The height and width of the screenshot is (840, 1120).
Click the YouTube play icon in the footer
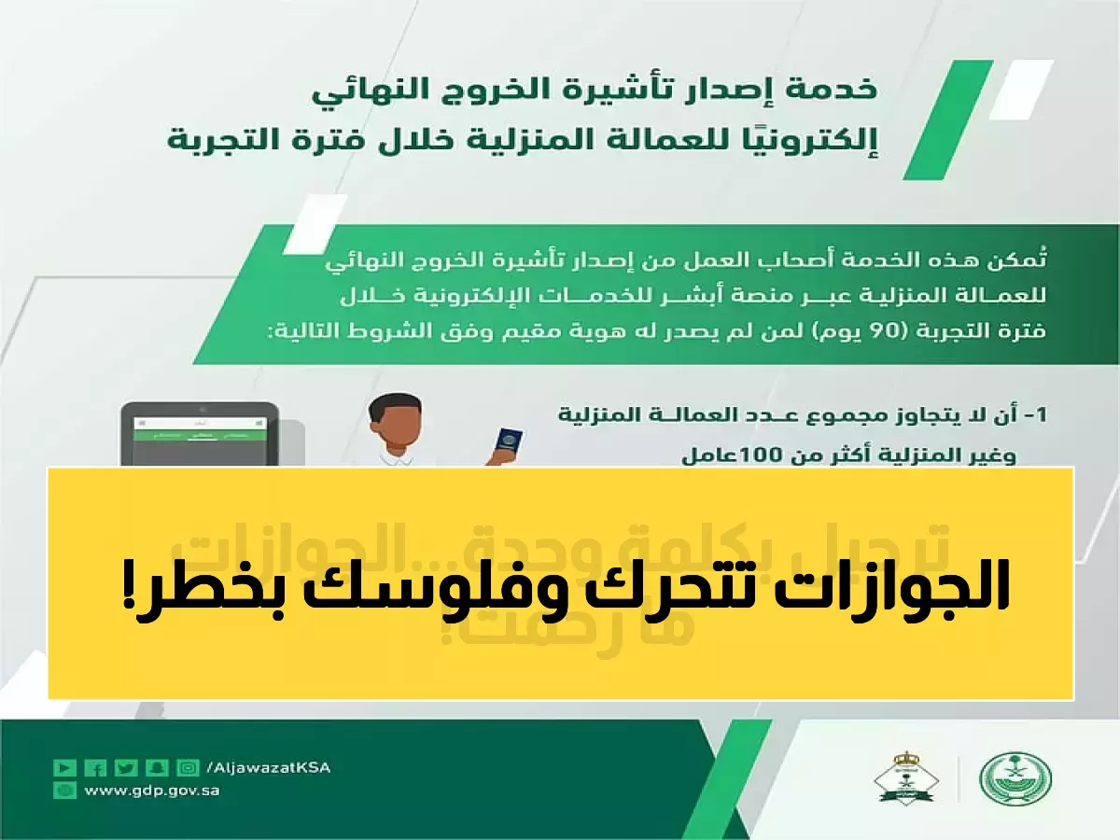pos(64,768)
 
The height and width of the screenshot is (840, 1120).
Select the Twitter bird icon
pos(126,768)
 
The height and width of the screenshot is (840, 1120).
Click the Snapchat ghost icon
pos(157,768)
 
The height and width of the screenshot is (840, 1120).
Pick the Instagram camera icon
pos(188,768)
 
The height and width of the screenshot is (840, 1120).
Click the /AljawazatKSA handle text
pos(266,768)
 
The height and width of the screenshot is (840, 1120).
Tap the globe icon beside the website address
pos(64,791)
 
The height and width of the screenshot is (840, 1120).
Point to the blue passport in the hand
pos(510,440)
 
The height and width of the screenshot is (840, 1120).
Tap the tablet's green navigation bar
pos(200,435)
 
